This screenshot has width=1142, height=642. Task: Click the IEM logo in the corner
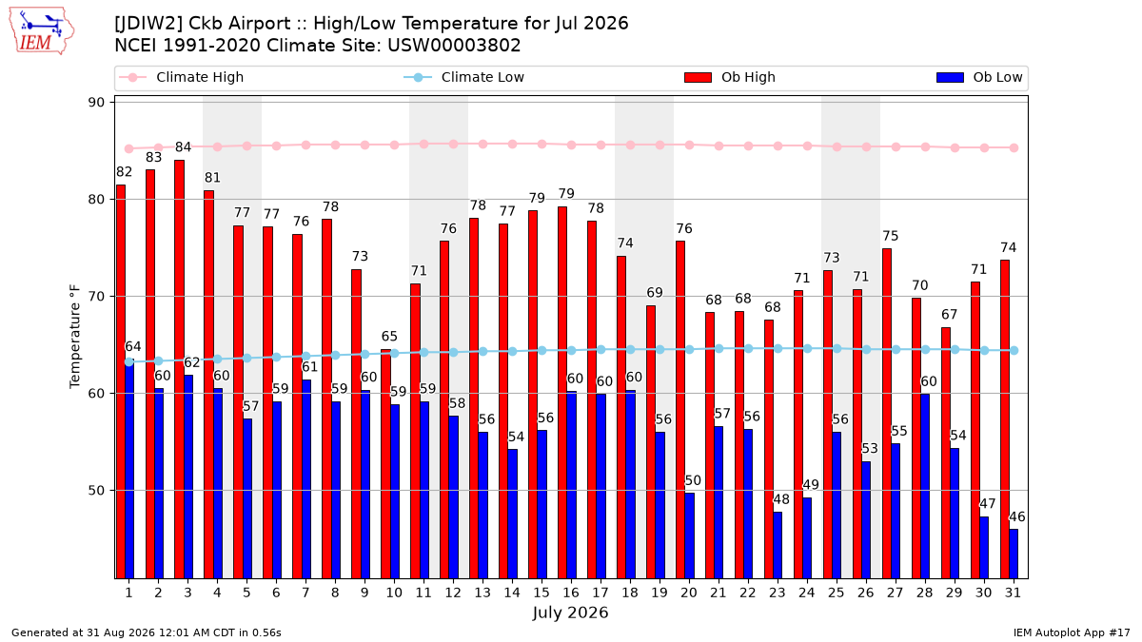[41, 30]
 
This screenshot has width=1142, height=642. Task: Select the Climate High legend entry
[181, 77]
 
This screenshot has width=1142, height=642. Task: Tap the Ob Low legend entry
[979, 77]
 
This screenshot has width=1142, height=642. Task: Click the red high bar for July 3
[180, 369]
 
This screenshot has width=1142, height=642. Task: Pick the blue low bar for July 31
[1014, 554]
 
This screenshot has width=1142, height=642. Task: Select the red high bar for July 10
[386, 464]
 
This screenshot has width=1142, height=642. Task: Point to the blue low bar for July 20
[689, 536]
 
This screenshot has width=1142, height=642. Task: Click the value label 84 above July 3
[183, 147]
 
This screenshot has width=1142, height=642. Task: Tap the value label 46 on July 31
[1017, 516]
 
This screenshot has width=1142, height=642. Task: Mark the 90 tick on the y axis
[96, 103]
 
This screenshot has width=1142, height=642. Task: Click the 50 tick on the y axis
[96, 491]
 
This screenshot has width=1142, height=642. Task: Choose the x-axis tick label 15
[541, 593]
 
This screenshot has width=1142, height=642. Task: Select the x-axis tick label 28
[924, 593]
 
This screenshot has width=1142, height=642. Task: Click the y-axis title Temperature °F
[75, 337]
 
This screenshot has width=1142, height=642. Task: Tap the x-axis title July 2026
[570, 613]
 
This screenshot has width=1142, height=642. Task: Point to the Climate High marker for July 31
[1014, 147]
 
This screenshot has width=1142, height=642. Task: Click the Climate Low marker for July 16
[572, 351]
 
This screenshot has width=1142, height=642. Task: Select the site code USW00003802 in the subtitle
[454, 46]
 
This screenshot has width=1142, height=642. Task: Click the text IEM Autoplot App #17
[1072, 632]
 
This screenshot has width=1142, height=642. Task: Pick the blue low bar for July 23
[778, 545]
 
